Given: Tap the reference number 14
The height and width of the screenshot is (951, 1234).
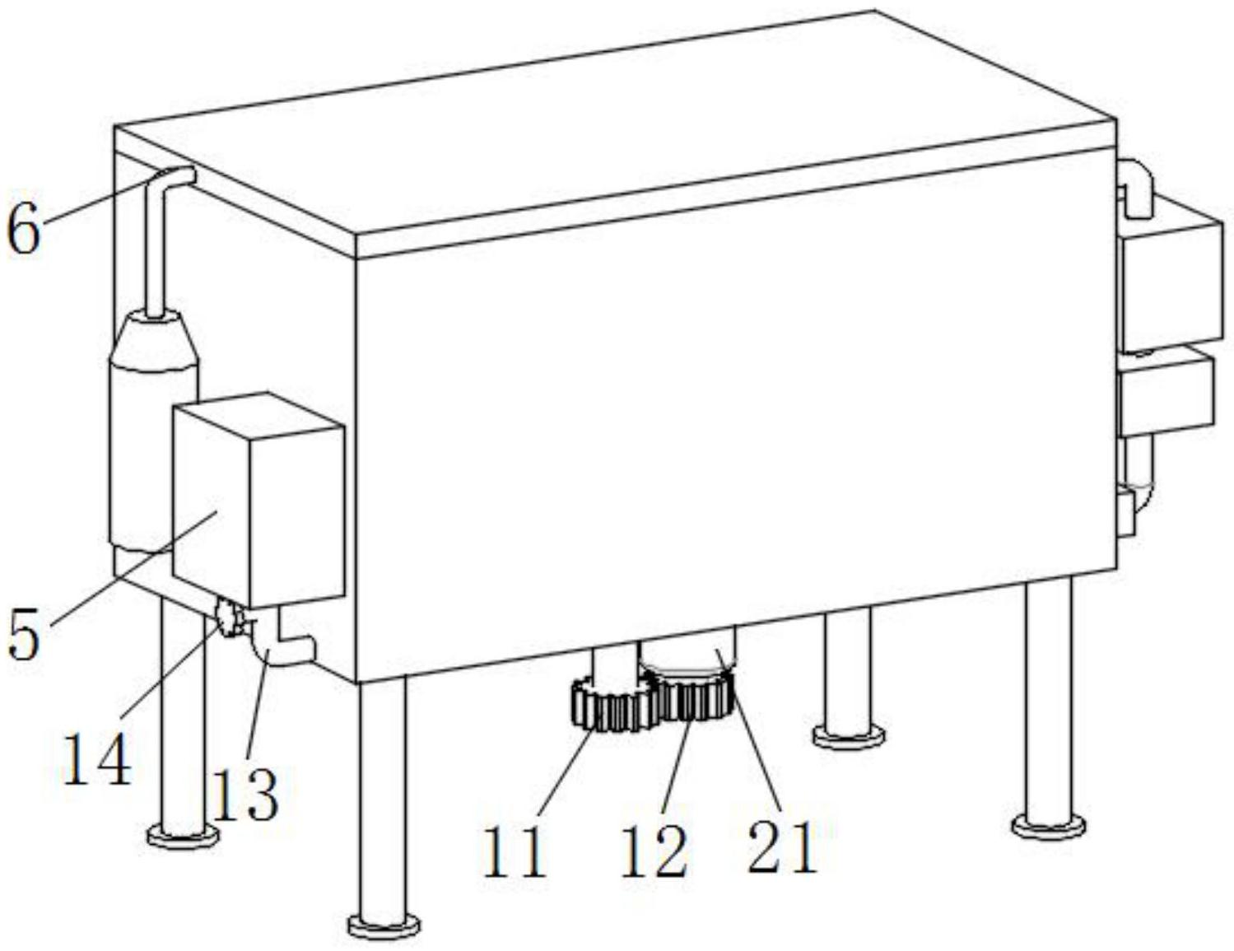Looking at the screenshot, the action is point(97,758).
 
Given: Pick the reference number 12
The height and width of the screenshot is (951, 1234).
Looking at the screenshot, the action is point(654,850).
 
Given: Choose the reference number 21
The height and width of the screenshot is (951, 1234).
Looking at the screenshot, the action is point(782,846).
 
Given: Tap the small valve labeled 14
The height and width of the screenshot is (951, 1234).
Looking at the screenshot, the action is point(228,618).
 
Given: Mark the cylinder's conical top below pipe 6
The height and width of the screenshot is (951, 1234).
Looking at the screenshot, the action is point(155,339).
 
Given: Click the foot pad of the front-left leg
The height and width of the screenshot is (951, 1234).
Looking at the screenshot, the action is point(384,925).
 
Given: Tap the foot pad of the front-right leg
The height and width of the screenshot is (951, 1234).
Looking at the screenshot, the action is point(1049,826).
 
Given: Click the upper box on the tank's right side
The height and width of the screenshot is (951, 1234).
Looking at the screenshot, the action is point(1167,280).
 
